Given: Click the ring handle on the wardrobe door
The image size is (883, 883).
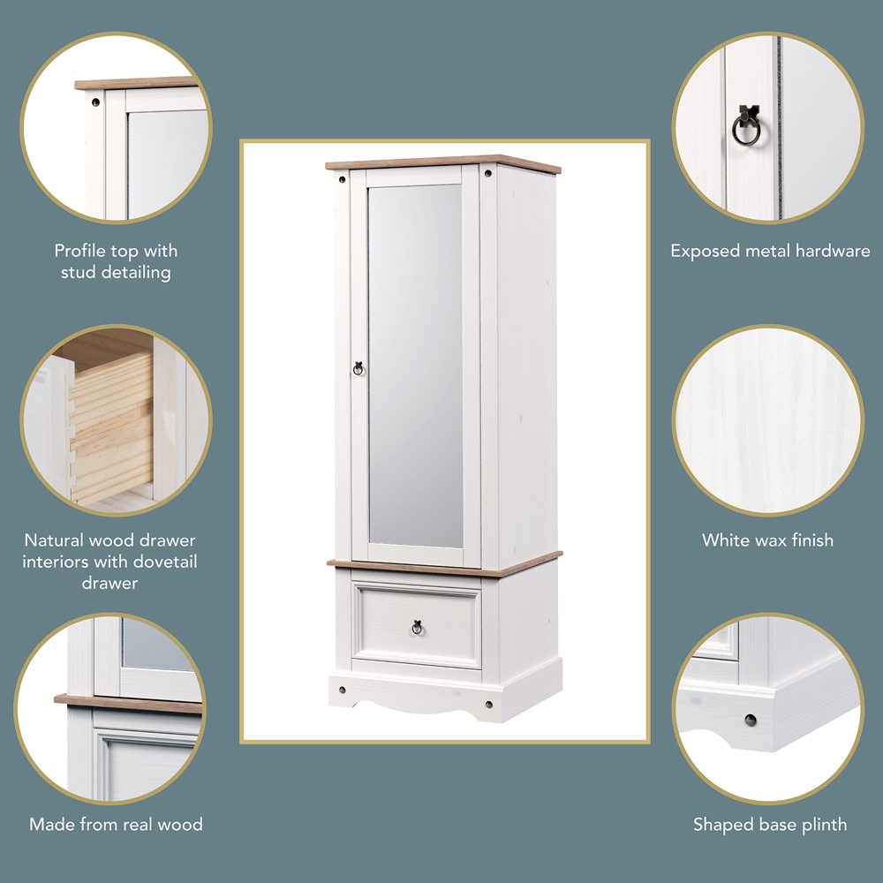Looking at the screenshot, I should pyautogui.click(x=358, y=367).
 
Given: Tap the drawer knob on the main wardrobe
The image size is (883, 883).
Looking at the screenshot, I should pyautogui.click(x=417, y=627).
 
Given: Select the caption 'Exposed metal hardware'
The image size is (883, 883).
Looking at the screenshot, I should pyautogui.click(x=770, y=251).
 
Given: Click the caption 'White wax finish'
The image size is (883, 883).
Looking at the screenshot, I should pyautogui.click(x=767, y=540).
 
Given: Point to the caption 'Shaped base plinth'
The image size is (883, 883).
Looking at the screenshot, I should pyautogui.click(x=769, y=825).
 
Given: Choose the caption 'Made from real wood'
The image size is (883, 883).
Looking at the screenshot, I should pyautogui.click(x=116, y=825).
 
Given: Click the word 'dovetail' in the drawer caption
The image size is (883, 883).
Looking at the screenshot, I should pyautogui.click(x=167, y=562).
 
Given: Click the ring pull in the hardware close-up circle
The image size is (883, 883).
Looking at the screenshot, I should pyautogui.click(x=746, y=128).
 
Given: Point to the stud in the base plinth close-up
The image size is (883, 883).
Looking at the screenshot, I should pyautogui.click(x=750, y=720).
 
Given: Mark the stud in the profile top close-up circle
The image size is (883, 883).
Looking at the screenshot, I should pyautogui.click(x=95, y=102).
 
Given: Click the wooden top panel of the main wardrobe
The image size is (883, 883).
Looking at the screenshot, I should pyautogui.click(x=441, y=162).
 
